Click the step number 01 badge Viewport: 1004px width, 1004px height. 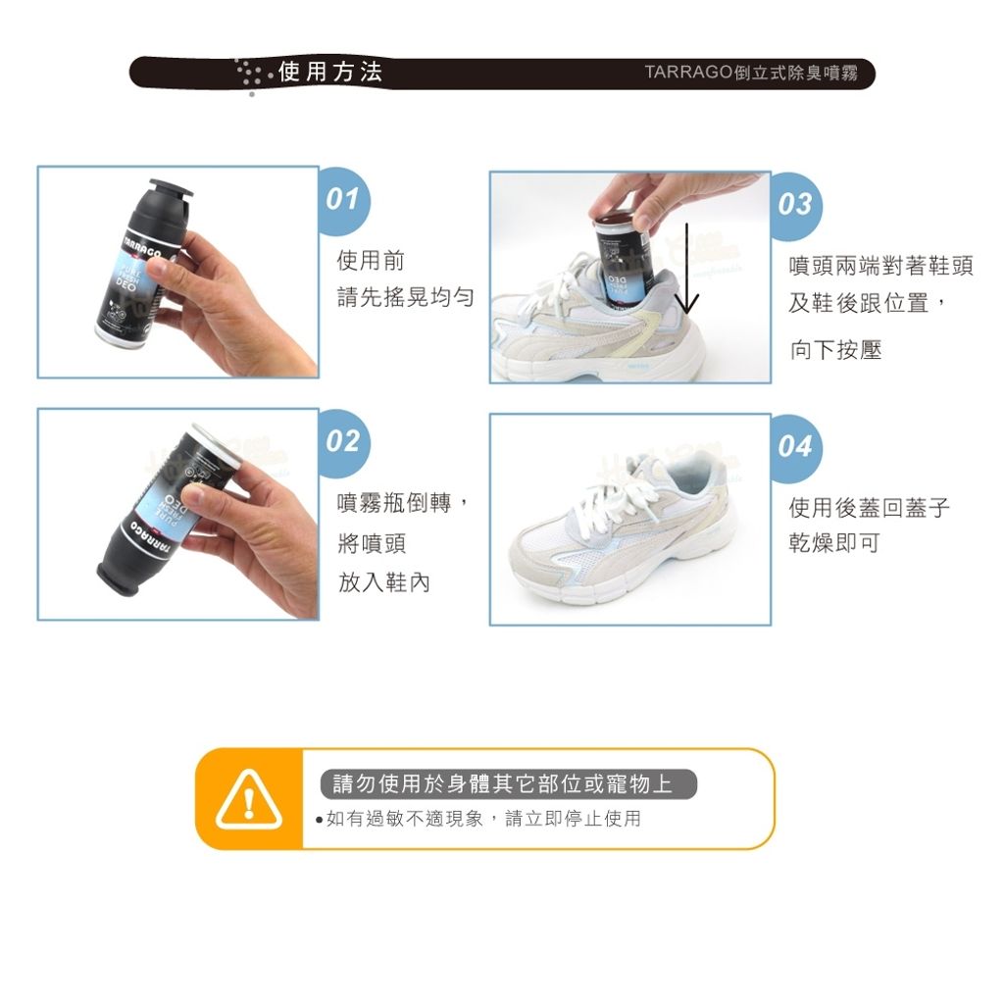point(344,200)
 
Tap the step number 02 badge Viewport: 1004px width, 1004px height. point(344,442)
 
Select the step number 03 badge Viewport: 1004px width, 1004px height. point(796,205)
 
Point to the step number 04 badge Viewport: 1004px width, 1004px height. point(796,447)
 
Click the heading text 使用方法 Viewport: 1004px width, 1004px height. point(330,72)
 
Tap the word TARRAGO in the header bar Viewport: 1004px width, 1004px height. point(688,72)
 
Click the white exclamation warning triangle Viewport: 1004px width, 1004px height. point(248,799)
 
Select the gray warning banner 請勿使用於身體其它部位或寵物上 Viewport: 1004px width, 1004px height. point(509,783)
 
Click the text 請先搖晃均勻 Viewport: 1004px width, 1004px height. point(405,297)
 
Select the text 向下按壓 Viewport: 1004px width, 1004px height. point(835,350)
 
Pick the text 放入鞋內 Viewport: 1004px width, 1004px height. point(383,582)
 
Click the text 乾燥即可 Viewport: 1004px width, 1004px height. point(833,543)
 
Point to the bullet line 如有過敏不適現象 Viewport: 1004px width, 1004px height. point(404,819)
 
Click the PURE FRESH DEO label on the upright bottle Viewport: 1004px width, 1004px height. point(130,274)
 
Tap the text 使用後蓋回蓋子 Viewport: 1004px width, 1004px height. point(869,507)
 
